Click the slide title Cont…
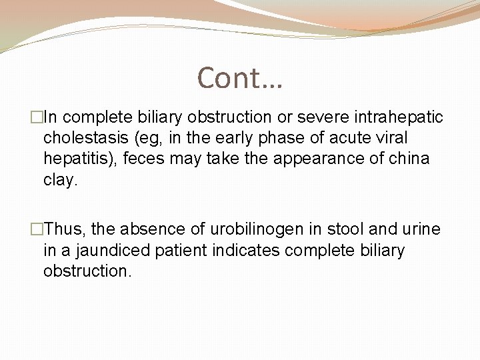click(240, 78)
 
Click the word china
click(410, 159)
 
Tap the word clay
click(60, 179)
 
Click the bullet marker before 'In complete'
click(37, 118)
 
